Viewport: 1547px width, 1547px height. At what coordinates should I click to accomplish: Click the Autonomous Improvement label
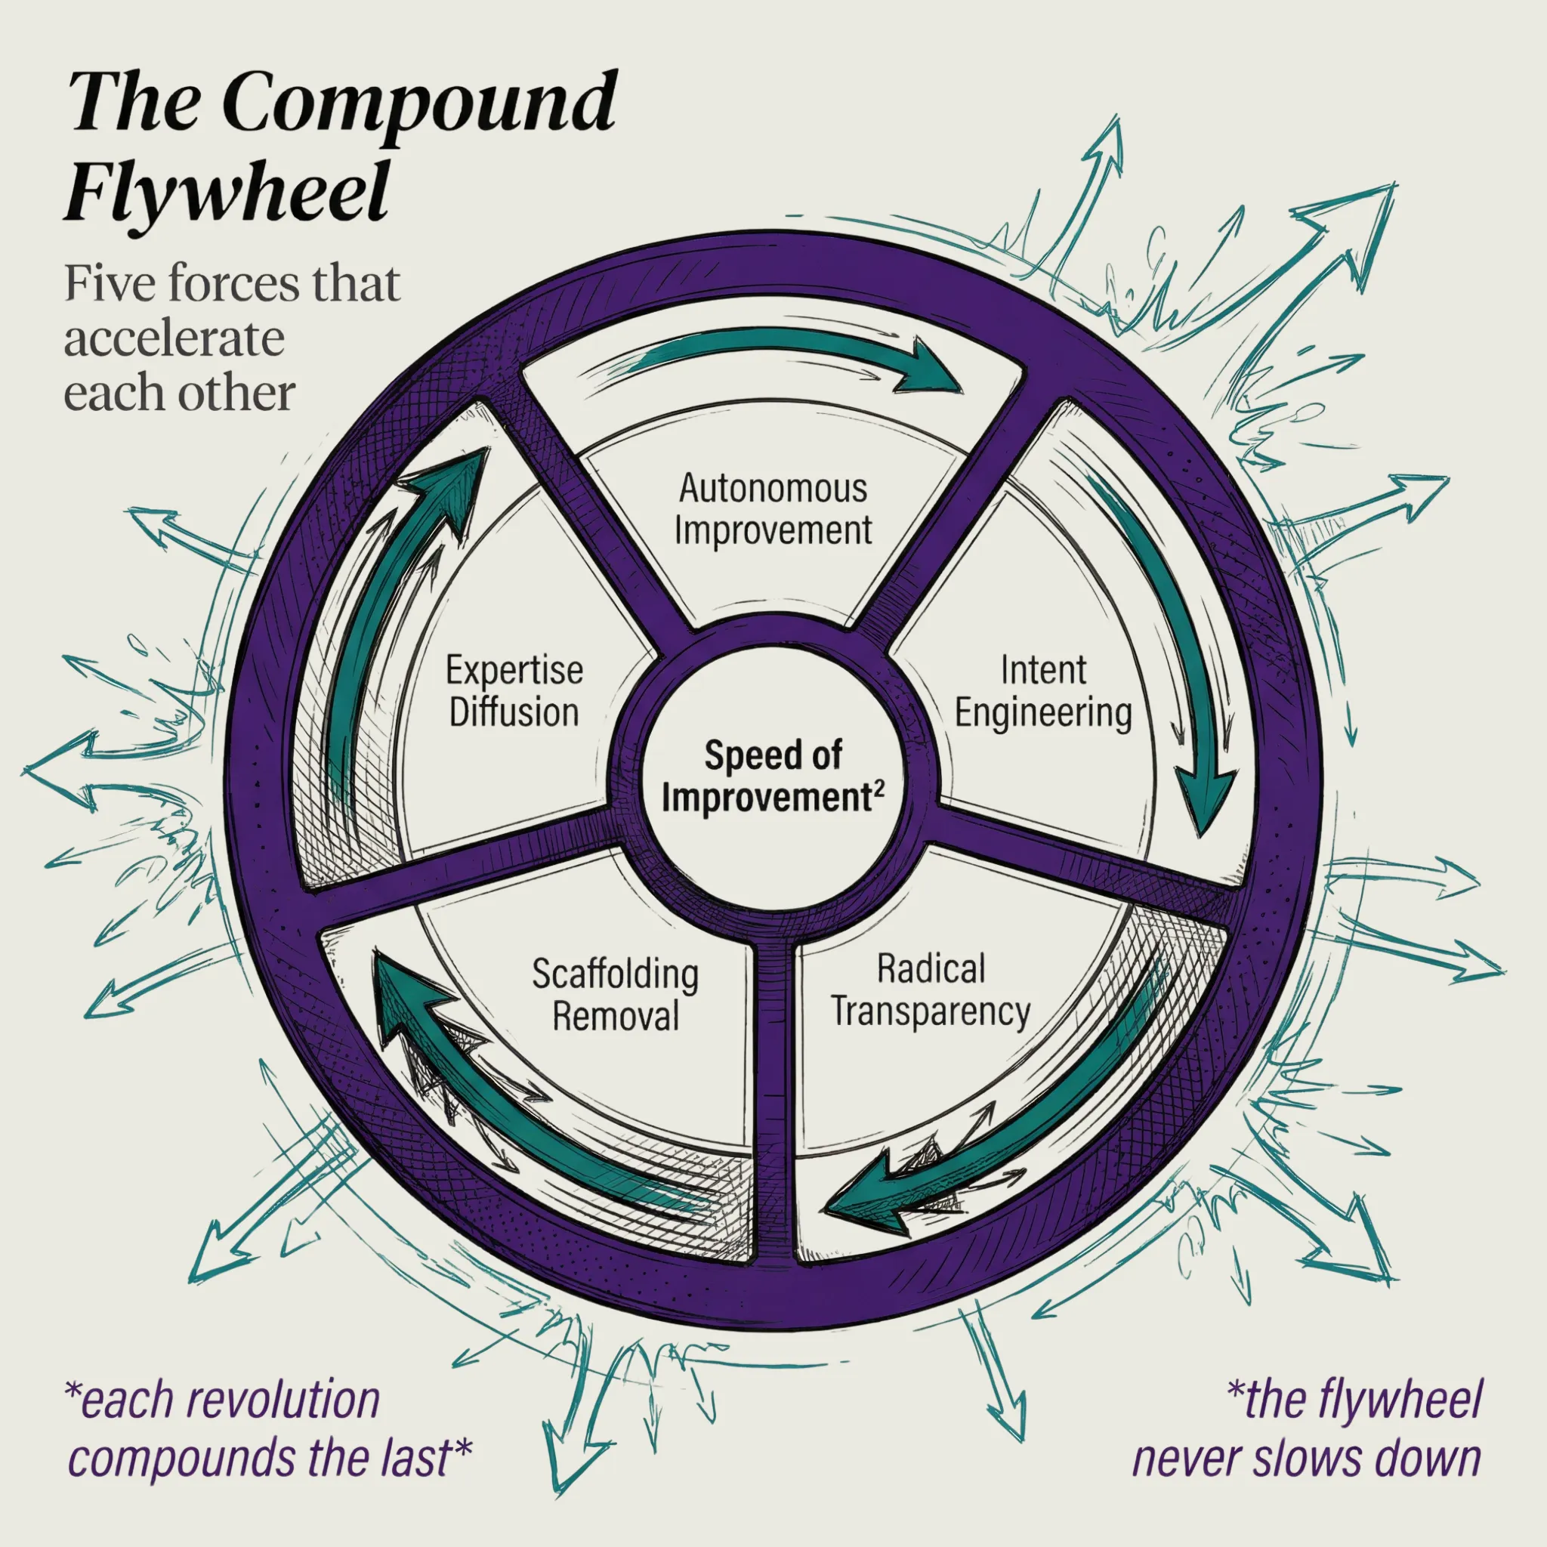click(773, 509)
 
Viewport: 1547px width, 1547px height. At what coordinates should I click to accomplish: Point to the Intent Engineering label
click(1043, 691)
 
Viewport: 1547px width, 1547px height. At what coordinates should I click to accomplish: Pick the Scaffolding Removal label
click(615, 995)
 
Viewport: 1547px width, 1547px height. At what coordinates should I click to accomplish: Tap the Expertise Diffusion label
click(514, 691)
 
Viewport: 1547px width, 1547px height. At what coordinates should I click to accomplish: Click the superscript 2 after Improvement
click(879, 787)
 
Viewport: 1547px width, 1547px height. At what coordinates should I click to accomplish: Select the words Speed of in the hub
click(773, 755)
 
